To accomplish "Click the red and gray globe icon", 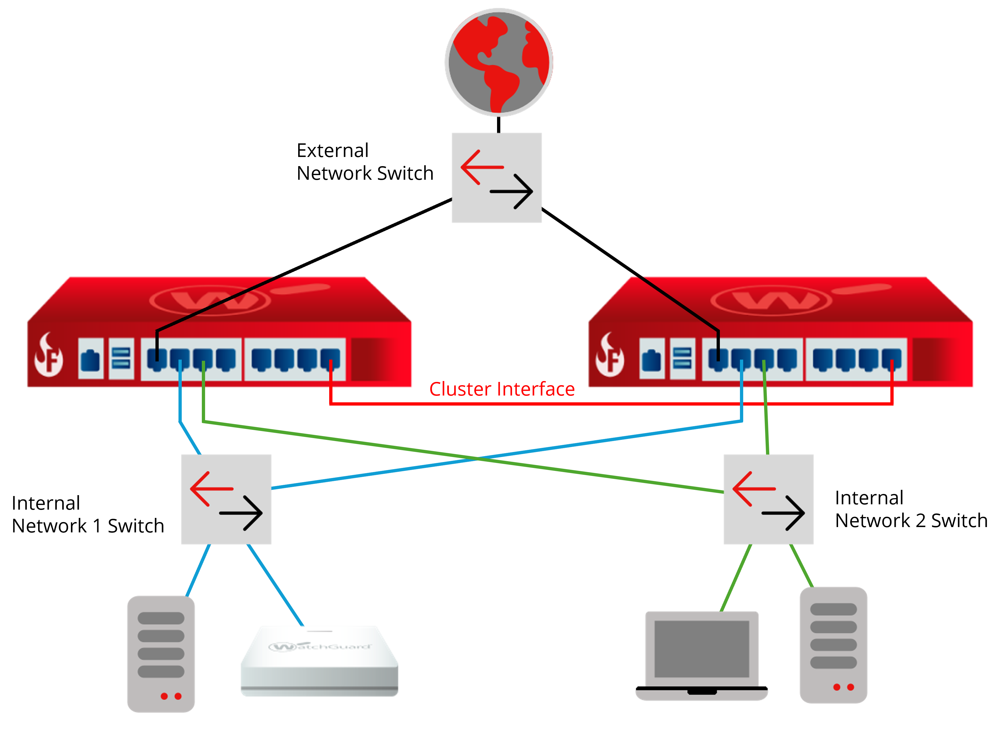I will click(x=499, y=62).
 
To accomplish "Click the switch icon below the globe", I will click(x=496, y=178).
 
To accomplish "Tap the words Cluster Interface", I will click(x=502, y=389).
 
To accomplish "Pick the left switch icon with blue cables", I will click(x=226, y=499).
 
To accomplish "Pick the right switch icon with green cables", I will click(x=769, y=499).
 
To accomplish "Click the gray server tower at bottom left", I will click(x=161, y=654).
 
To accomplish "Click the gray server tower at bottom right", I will click(x=833, y=645).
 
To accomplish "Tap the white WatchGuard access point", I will click(x=319, y=661).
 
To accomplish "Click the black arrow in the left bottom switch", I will click(x=241, y=513).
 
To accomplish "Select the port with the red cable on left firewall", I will click(x=330, y=359).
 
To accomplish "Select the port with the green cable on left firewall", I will click(x=203, y=359).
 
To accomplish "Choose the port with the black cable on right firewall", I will click(x=718, y=359).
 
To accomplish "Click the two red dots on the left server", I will click(x=171, y=696).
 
